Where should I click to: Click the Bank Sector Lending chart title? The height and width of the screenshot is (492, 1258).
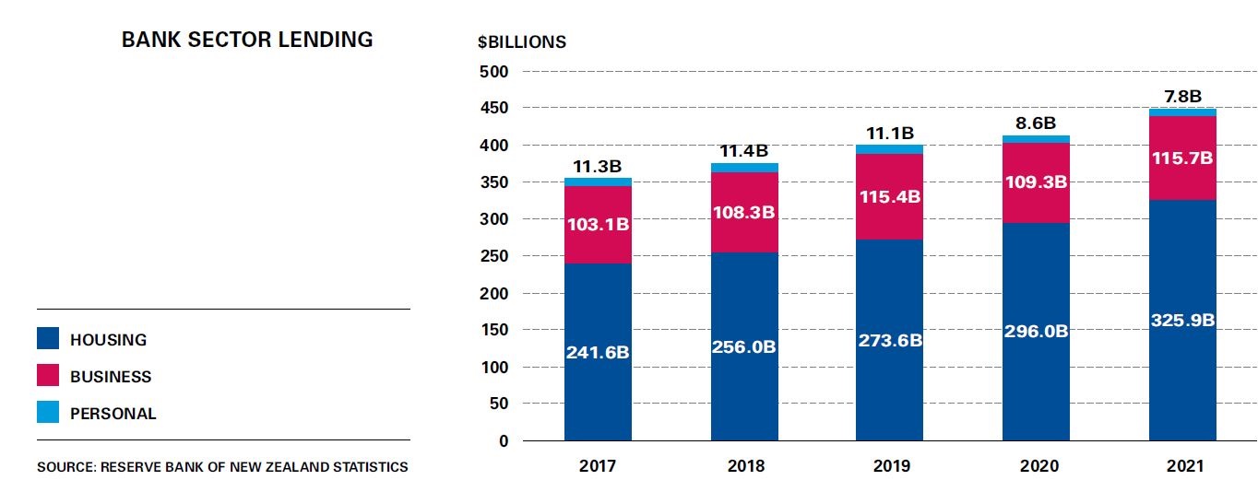point(247,40)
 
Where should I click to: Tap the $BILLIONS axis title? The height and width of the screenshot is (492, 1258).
point(521,42)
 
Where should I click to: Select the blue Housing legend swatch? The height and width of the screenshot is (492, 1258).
point(48,339)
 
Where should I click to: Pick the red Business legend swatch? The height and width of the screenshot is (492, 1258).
point(48,376)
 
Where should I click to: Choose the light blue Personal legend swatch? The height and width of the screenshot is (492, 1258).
point(48,413)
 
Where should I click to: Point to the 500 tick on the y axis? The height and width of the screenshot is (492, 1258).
point(496,72)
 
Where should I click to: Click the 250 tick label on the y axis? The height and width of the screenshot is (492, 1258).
point(496,256)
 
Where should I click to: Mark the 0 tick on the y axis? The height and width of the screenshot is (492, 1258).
point(503,441)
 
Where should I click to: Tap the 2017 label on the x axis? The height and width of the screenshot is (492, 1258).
point(598,467)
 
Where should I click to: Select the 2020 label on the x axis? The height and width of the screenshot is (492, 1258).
point(1036,467)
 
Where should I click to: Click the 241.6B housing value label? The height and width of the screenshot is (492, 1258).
point(598,351)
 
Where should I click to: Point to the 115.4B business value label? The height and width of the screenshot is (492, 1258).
point(889,197)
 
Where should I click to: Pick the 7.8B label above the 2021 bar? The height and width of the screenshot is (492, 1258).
point(1181,96)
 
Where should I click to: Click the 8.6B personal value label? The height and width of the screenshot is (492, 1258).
point(1036,123)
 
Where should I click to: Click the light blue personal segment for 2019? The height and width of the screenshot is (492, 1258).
point(889,149)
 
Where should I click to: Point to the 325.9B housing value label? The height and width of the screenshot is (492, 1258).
point(1181,321)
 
